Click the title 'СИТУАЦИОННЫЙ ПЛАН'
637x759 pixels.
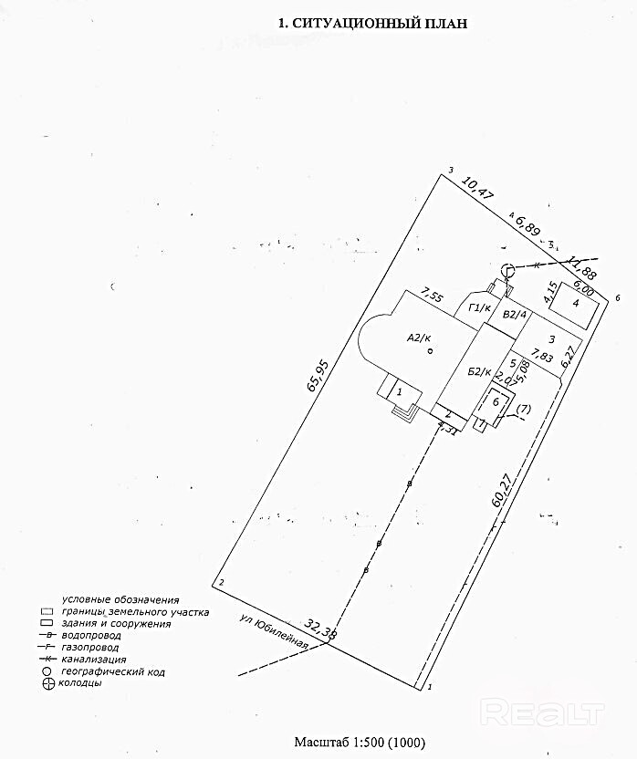382,25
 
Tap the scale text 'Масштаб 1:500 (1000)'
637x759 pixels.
359,743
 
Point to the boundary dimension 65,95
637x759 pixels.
317,373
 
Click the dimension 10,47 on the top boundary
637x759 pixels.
478,189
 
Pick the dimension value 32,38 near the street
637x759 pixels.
320,629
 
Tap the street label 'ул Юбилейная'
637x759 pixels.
272,631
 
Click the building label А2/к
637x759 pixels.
419,338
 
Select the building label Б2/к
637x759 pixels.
479,372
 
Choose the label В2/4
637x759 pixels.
516,315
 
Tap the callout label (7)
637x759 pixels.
523,410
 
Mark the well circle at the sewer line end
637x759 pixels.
507,269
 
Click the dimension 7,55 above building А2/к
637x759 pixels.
431,296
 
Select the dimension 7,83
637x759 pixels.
542,357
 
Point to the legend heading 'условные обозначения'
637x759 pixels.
120,599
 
